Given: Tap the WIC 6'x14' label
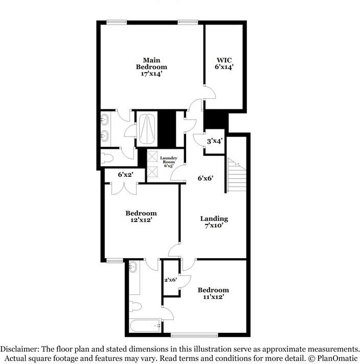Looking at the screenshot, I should click(x=224, y=63).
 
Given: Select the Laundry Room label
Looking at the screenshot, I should click(x=168, y=162).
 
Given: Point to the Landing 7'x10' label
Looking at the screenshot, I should click(x=214, y=222).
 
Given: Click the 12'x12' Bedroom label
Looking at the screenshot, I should click(x=141, y=217).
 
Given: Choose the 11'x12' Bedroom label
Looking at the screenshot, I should click(x=213, y=293).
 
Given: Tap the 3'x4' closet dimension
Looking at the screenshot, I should click(x=214, y=141).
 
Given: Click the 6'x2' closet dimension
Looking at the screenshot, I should click(x=125, y=175).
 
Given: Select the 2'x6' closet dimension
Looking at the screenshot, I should click(x=170, y=280).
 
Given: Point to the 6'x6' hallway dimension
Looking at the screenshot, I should click(x=205, y=178).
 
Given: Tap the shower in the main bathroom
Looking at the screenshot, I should click(x=148, y=128).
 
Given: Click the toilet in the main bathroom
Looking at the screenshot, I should click(x=106, y=158).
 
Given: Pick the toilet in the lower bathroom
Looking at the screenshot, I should click(x=135, y=306).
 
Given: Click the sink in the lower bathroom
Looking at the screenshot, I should click(x=133, y=267).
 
